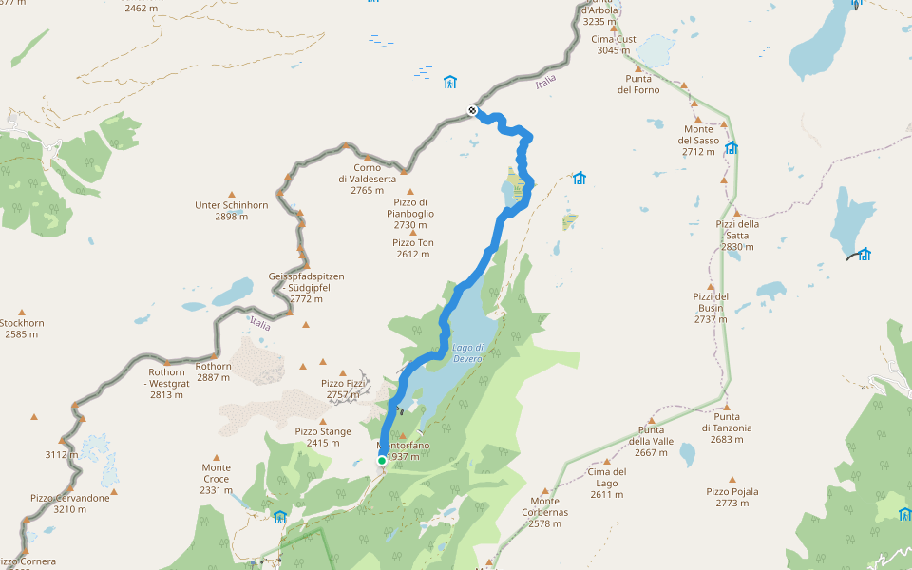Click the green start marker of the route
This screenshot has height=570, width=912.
coord(382,461)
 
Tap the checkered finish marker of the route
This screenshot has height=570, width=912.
coord(472,111)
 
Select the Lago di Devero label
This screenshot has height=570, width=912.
coord(468,352)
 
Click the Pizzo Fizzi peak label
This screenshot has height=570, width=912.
coord(343,389)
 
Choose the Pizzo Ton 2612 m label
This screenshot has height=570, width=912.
coord(413,248)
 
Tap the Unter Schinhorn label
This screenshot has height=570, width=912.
coord(231,210)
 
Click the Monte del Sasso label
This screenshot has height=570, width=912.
coord(698,140)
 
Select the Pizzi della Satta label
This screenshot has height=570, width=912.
coord(737,235)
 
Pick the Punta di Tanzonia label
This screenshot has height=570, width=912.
coord(727,422)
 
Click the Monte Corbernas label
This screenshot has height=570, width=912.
coord(545,506)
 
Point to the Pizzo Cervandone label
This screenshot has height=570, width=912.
coord(69,503)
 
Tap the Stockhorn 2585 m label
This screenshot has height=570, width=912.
coord(21,328)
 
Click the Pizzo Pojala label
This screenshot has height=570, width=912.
coord(732,497)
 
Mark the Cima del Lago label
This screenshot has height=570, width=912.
coord(607,477)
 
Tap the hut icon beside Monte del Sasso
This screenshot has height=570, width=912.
coord(731,148)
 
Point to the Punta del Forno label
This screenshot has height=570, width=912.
coord(638,84)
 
